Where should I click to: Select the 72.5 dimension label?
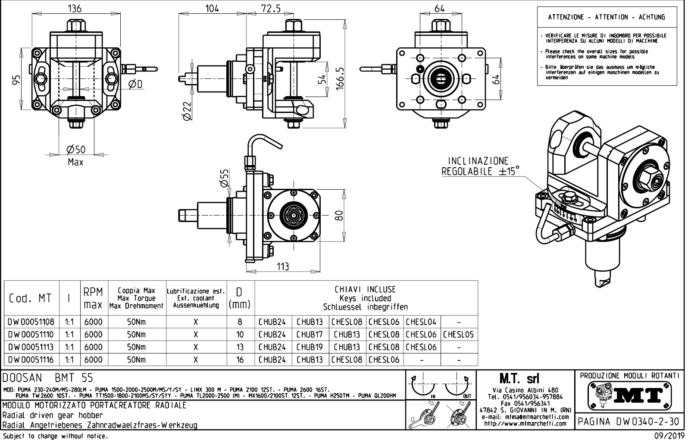tap(271, 8)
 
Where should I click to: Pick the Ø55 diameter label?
tap(224, 177)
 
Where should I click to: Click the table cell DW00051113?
tap(31, 347)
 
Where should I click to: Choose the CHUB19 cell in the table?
tap(310, 347)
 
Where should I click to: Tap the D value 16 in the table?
tap(240, 360)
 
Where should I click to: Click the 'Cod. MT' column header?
tap(30, 298)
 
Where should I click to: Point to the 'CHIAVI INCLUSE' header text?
tap(365, 290)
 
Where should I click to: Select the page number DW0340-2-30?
tap(629, 422)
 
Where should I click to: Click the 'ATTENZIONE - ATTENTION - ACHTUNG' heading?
tap(607, 17)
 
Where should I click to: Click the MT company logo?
tap(630, 395)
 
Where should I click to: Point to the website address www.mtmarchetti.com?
tap(525, 423)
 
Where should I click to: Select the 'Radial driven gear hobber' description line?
tap(53, 415)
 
